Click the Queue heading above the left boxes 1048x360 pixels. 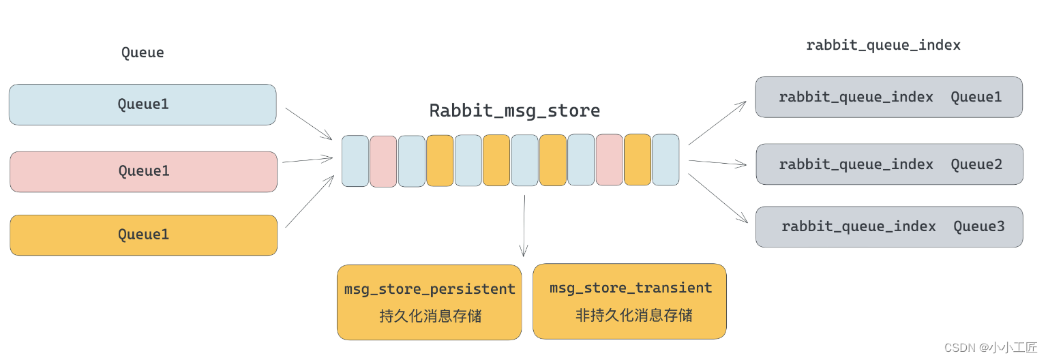tap(143, 52)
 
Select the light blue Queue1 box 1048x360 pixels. tap(143, 104)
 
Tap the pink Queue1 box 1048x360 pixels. tap(143, 171)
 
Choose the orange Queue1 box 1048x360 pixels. tap(143, 235)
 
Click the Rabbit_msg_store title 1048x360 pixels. tap(514, 110)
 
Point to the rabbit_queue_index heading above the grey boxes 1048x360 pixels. tap(883, 45)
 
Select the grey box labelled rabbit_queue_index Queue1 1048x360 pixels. tap(888, 97)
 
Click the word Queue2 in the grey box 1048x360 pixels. tap(976, 164)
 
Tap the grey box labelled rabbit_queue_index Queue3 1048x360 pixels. tap(888, 226)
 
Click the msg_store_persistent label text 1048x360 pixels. tap(430, 289)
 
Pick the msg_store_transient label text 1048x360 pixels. tap(631, 288)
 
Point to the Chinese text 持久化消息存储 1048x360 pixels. tap(430, 316)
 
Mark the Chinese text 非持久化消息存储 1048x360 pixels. tap(633, 315)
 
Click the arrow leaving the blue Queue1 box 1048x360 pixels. tap(308, 123)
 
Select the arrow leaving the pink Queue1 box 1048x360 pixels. tap(307, 160)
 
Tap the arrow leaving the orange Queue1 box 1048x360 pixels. tap(308, 201)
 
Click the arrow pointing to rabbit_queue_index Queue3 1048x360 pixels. tap(717, 198)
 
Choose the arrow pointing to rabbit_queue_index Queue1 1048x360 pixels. tap(717, 123)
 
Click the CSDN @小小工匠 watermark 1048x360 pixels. tap(990, 348)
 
